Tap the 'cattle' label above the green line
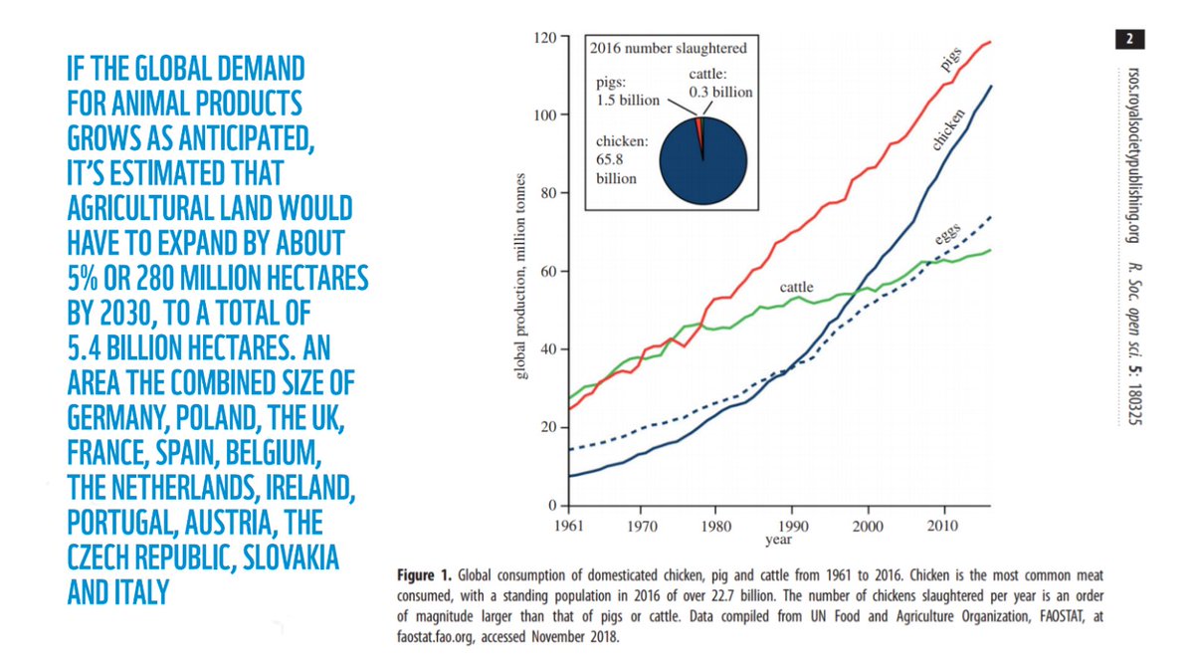pyautogui.click(x=796, y=287)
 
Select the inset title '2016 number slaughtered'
pyautogui.click(x=668, y=48)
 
